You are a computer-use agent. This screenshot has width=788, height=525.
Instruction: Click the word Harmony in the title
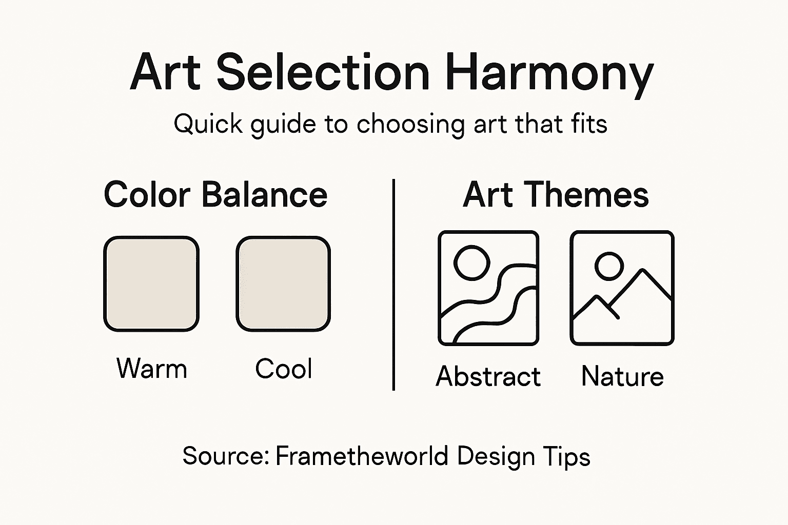[x=549, y=73]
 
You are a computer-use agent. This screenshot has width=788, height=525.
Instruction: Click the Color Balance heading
[x=215, y=195]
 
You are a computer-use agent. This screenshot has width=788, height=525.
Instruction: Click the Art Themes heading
[x=556, y=195]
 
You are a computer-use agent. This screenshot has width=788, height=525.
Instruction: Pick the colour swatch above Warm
[x=151, y=284]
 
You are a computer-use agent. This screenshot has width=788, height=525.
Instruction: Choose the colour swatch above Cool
[x=283, y=284]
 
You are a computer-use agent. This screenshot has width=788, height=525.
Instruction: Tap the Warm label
[x=152, y=369]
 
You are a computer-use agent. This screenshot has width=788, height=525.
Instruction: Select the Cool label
[x=284, y=369]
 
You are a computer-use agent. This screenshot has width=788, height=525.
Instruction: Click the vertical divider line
[x=393, y=285]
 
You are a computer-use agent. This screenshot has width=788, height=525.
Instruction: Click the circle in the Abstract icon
[x=471, y=262]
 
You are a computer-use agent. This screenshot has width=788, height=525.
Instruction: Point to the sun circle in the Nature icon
[x=609, y=266]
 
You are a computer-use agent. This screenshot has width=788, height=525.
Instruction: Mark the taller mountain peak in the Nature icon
[x=642, y=272]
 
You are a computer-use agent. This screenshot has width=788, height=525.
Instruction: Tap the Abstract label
[x=488, y=376]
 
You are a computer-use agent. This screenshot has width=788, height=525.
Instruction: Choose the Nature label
[x=622, y=376]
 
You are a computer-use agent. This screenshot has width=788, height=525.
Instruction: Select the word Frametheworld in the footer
[x=362, y=456]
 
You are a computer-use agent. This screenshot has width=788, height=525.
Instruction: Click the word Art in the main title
[x=165, y=73]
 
